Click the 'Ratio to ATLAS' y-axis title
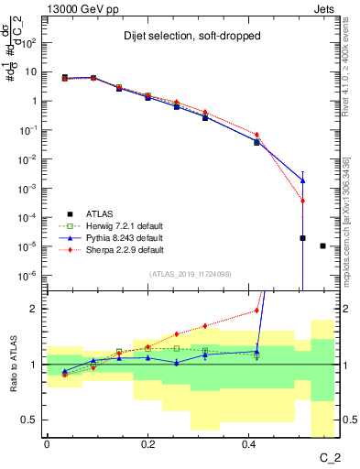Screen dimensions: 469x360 [13, 364]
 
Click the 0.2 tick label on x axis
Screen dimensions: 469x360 [147, 443]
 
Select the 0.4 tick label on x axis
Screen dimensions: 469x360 [249, 443]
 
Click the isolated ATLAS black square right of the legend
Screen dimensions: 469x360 [322, 245]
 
